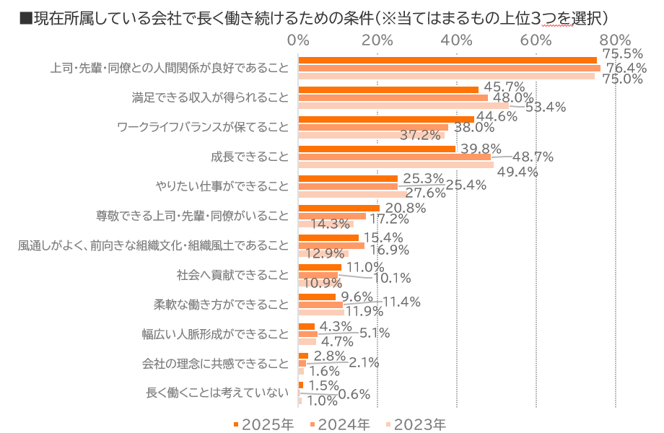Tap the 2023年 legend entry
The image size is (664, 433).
[419, 424]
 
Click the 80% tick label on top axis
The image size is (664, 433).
[615, 40]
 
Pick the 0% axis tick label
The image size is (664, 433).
[299, 40]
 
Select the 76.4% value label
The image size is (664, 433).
[625, 68]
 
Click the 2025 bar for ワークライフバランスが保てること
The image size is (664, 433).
[386, 119]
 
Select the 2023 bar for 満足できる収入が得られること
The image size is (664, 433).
[404, 105]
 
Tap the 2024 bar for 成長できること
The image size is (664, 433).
[395, 157]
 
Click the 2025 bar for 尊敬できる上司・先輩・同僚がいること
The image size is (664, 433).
[339, 208]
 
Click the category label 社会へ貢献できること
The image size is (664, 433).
[232, 275]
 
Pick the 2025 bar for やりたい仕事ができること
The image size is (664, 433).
[349, 178]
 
